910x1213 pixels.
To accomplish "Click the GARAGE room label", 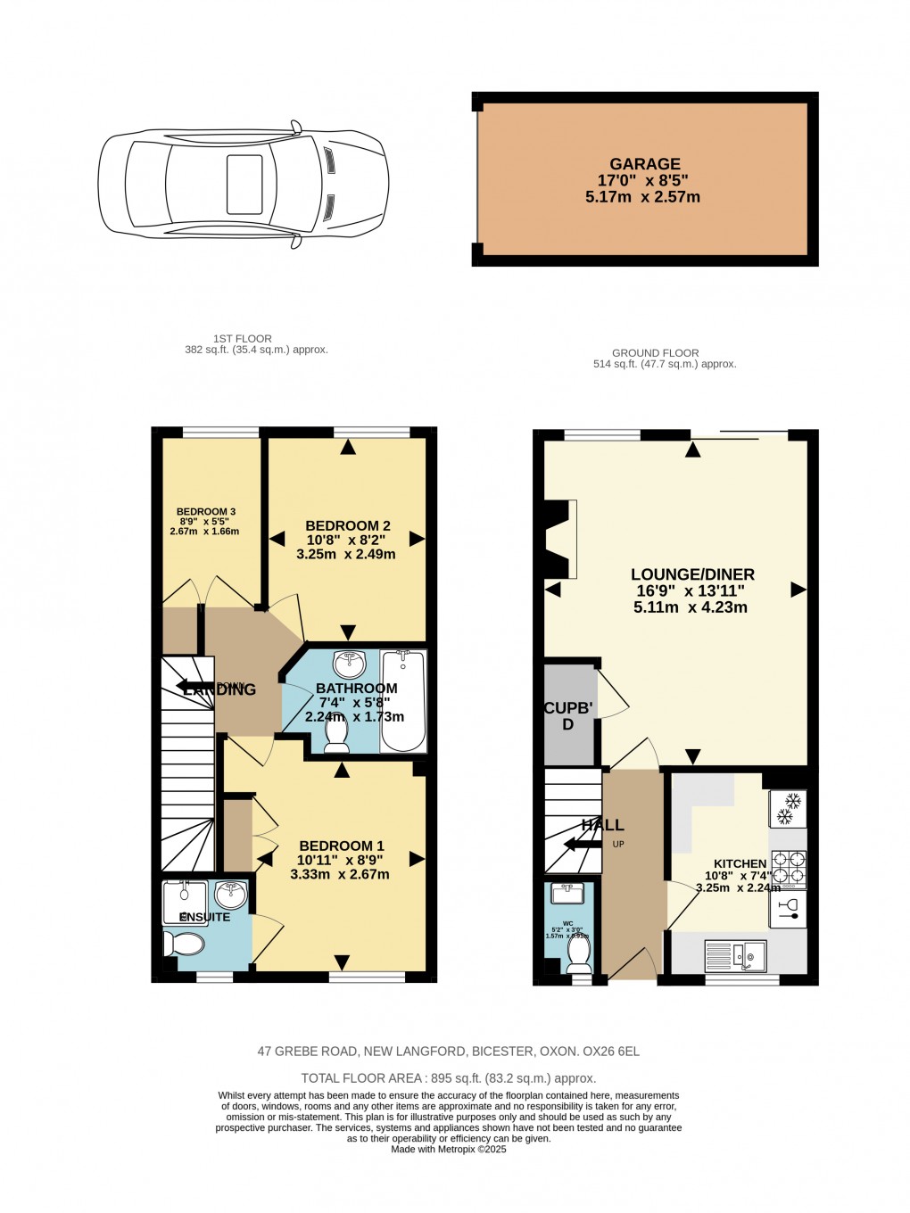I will coord(644,164).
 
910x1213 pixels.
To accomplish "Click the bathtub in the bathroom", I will coord(403,701).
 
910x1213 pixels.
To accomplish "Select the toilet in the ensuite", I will coord(185,944).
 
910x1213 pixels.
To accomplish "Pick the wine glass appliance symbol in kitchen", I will coord(788,909).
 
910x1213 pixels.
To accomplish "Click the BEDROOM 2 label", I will coord(348,526).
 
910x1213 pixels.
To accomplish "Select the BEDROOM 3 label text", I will coord(206,512).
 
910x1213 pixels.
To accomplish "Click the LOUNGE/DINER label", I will coord(692,575).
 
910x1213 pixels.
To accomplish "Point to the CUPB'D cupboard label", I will coord(568,716).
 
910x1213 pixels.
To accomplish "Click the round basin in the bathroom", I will coord(349,663).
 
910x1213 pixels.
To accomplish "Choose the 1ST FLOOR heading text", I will coord(243,339).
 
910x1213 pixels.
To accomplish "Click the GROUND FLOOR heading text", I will coord(655,353).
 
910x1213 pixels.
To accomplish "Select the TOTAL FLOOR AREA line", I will coord(448,1078).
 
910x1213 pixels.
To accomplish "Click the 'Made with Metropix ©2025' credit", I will coord(448,1150).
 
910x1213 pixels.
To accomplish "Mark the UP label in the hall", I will coord(618,844).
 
